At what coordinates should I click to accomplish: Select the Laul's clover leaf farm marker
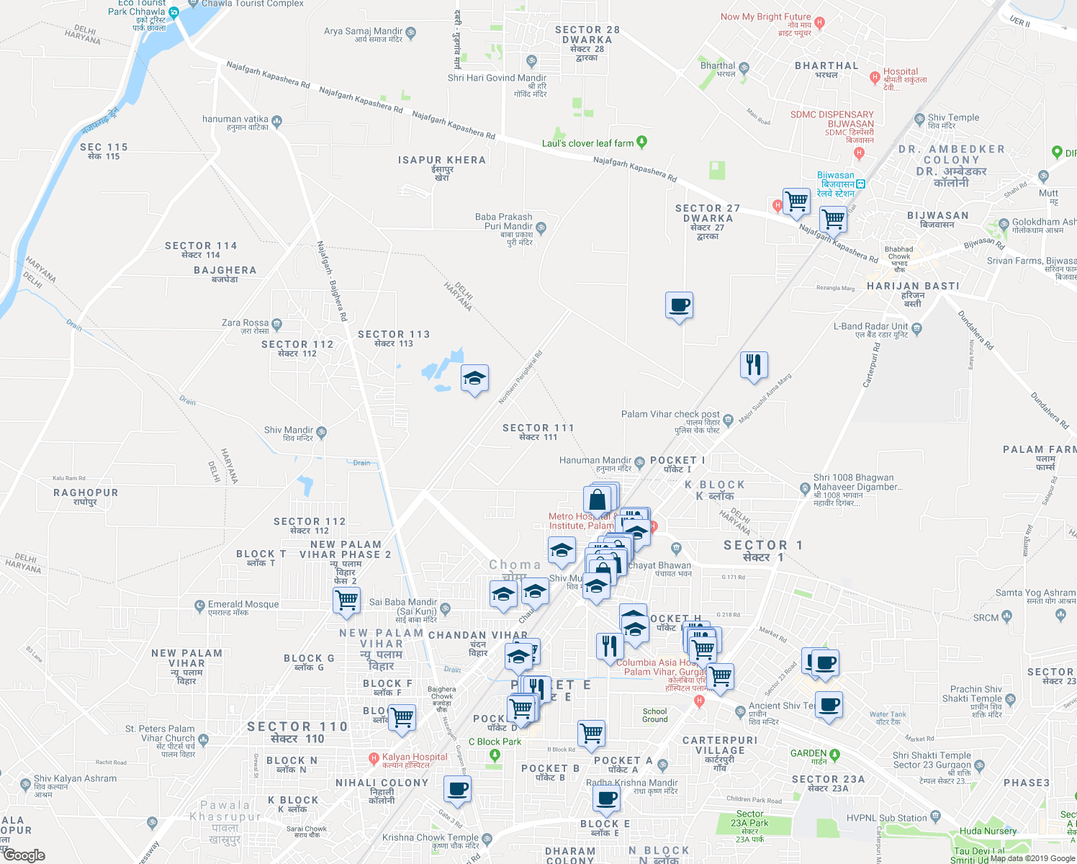tap(642, 142)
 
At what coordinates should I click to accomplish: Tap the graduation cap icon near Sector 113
tap(474, 378)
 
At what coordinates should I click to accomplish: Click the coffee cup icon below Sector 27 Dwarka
tap(679, 306)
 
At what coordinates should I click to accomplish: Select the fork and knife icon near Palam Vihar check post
tap(754, 365)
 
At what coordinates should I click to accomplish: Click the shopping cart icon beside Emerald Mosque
tap(347, 600)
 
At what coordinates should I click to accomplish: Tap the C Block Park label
tap(495, 742)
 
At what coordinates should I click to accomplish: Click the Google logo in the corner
tap(24, 855)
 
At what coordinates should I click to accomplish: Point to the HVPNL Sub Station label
tap(886, 818)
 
